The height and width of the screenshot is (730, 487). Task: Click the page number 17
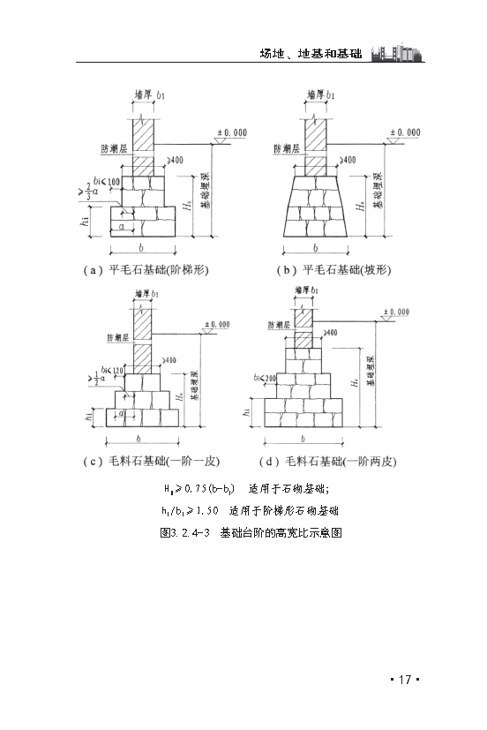tap(403, 679)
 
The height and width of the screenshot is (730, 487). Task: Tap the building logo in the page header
tap(398, 50)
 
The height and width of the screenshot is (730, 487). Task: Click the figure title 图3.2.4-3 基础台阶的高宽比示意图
tap(246, 533)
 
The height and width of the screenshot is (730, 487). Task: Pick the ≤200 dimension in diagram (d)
tap(266, 378)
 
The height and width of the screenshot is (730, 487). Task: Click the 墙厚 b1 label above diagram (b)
tap(319, 93)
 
